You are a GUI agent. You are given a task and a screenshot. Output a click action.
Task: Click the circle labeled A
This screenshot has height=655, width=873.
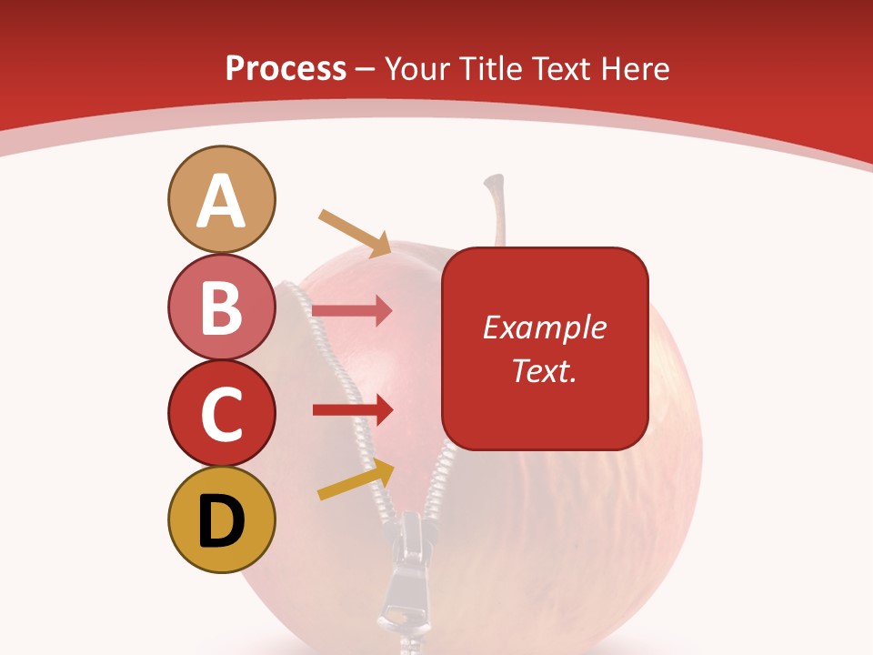pyautogui.click(x=221, y=199)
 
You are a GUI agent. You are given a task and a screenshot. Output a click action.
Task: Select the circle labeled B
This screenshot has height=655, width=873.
pyautogui.click(x=221, y=307)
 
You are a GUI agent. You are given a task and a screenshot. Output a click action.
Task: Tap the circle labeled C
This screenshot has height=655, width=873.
pyautogui.click(x=221, y=413)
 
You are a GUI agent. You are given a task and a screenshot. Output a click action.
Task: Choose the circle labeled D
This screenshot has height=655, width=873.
pyautogui.click(x=221, y=519)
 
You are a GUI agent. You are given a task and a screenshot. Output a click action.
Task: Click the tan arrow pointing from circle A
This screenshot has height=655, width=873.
pyautogui.click(x=355, y=233)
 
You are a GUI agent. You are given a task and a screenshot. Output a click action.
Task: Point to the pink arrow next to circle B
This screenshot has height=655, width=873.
pyautogui.click(x=352, y=311)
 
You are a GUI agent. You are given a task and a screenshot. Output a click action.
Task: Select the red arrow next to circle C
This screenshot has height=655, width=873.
pyautogui.click(x=352, y=410)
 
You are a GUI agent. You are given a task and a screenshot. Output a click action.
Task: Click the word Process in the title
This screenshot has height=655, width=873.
pyautogui.click(x=286, y=69)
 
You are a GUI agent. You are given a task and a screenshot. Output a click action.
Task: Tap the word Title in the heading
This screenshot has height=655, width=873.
pyautogui.click(x=489, y=69)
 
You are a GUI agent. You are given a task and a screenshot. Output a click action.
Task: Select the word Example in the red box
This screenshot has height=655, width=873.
pyautogui.click(x=545, y=327)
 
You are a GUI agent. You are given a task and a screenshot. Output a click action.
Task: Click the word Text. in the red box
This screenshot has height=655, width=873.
pyautogui.click(x=545, y=370)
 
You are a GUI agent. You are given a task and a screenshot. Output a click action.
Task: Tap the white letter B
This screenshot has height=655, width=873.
pyautogui.click(x=221, y=307)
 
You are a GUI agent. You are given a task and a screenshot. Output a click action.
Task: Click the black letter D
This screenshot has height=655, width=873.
pyautogui.click(x=221, y=521)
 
